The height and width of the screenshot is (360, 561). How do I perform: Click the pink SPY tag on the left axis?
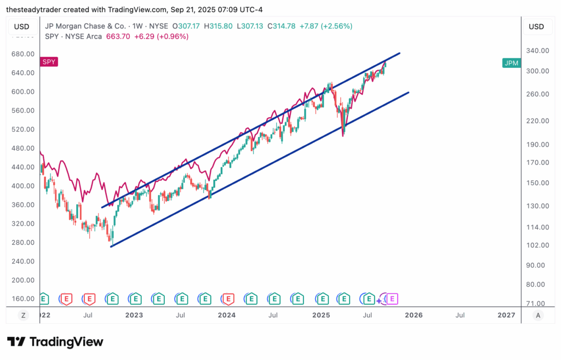click(x=49, y=62)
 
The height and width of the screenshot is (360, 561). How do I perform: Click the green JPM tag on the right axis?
click(x=511, y=63)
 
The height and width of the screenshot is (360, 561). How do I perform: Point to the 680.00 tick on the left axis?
click(x=23, y=54)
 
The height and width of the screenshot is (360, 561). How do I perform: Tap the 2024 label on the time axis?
click(x=226, y=315)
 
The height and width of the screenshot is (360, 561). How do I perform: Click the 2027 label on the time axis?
click(x=506, y=315)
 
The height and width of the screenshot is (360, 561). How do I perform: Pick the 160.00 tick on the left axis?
click(x=23, y=299)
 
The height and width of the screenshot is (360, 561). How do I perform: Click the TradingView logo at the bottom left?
click(x=55, y=342)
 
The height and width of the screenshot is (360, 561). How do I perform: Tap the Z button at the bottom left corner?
click(x=23, y=315)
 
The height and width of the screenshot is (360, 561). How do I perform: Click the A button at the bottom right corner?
click(x=538, y=315)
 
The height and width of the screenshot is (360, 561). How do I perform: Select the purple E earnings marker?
click(x=392, y=299)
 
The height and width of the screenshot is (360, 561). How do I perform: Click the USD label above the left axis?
click(x=22, y=26)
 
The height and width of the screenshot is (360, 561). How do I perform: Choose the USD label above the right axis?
click(x=536, y=26)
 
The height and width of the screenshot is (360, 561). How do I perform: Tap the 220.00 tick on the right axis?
click(x=537, y=121)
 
